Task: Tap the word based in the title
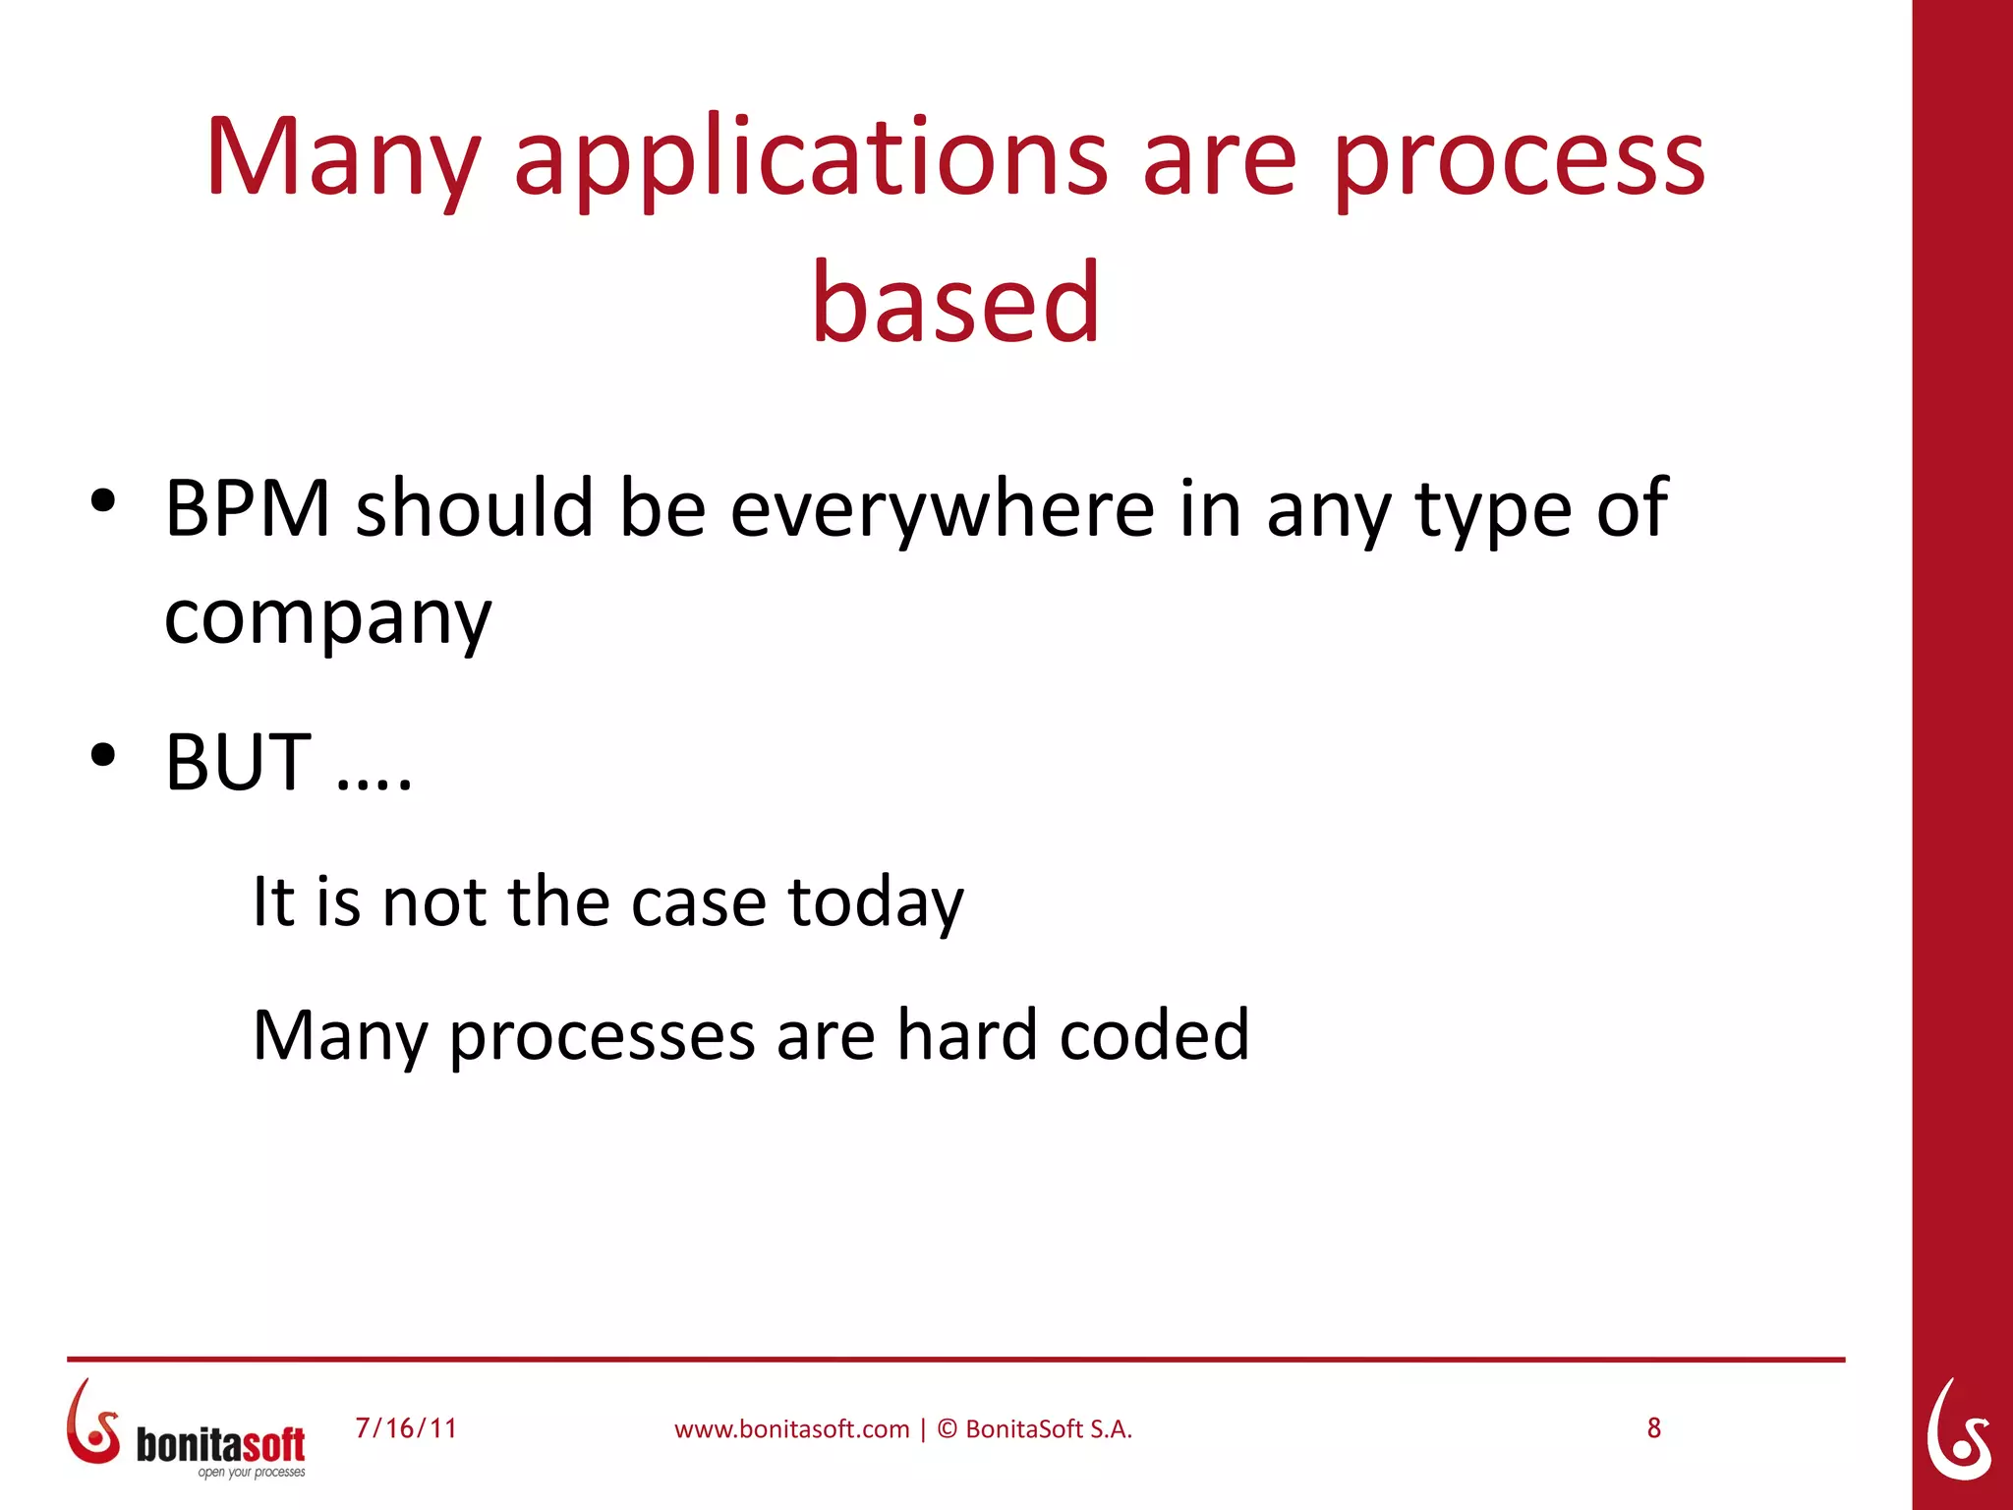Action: [955, 303]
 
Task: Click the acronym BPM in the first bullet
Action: [248, 509]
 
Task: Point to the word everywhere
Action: [942, 509]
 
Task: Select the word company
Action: [327, 619]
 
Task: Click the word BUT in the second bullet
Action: [238, 763]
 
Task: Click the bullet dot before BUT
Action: [103, 755]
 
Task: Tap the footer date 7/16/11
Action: [406, 1428]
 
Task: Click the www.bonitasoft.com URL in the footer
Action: [791, 1429]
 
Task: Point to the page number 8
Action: [1654, 1428]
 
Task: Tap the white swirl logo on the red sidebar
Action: [1959, 1430]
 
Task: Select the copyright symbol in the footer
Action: [947, 1428]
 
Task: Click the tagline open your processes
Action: [252, 1473]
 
